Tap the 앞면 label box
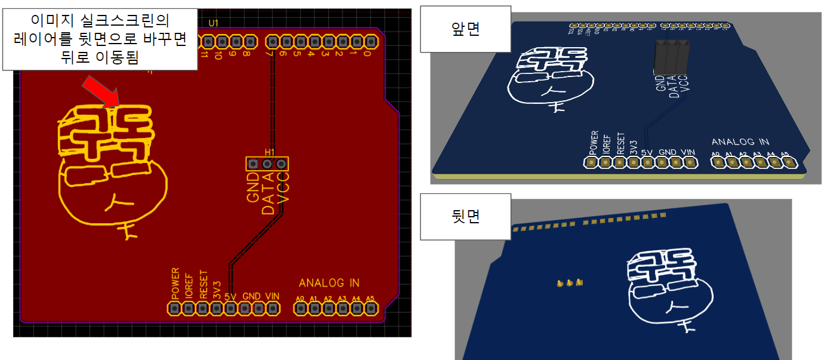[x=466, y=29]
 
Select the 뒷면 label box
[x=466, y=216]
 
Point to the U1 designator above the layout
[x=214, y=23]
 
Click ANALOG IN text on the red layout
[x=329, y=282]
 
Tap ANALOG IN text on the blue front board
[x=740, y=141]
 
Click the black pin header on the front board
[x=671, y=57]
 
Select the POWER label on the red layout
[x=176, y=284]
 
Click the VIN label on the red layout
[x=272, y=296]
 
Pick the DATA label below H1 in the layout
[x=269, y=193]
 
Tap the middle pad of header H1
[x=267, y=164]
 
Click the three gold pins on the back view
[x=569, y=283]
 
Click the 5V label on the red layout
[x=230, y=296]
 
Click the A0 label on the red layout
[x=300, y=299]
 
